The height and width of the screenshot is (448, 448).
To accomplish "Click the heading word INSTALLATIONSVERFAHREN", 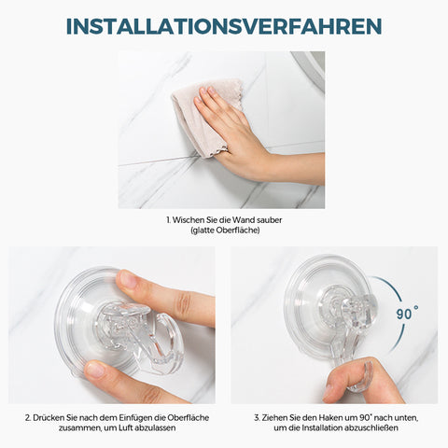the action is [224, 26].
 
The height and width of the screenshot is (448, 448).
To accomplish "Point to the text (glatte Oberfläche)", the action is [225, 231].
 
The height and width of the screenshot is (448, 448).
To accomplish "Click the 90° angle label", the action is [407, 313].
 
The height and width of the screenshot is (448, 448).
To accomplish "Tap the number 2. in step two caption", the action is [28, 417].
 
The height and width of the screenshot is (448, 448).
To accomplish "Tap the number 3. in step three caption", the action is [257, 417].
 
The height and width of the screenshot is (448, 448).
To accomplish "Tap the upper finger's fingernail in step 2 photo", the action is [128, 279].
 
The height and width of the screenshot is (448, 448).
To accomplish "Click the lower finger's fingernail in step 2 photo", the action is [94, 371].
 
